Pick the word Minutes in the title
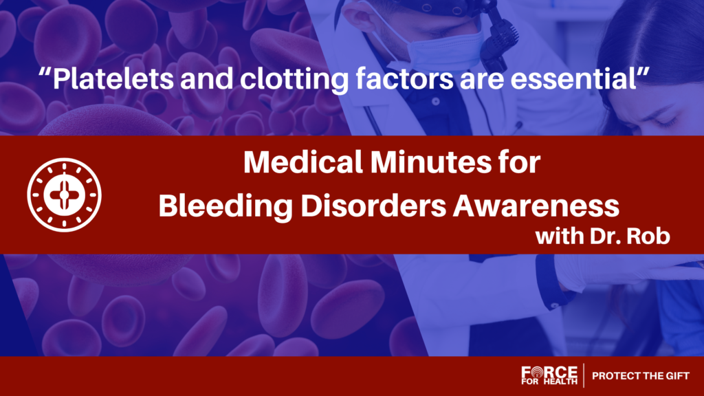(x=430, y=162)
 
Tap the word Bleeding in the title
(x=225, y=206)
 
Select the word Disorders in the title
(x=373, y=206)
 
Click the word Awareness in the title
(x=536, y=206)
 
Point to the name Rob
(x=648, y=236)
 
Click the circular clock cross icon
(x=64, y=195)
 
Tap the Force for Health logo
(x=549, y=375)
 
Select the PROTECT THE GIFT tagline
(x=641, y=376)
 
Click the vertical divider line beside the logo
(x=584, y=375)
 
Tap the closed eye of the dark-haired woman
(x=665, y=121)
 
